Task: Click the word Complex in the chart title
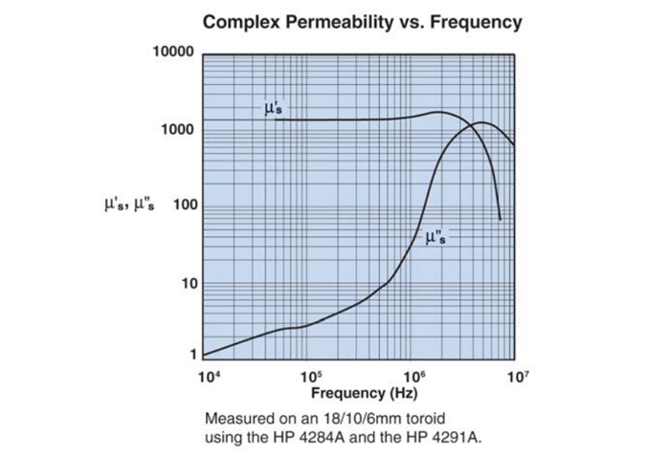coord(243,22)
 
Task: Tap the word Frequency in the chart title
coord(476,22)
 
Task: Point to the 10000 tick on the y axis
coord(173,51)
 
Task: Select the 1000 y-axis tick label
coord(177,129)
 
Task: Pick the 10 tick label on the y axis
coord(185,283)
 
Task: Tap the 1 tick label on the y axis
coord(190,354)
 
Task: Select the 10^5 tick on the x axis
coord(310,376)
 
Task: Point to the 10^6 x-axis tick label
coord(413,376)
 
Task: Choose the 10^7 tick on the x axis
coord(517,376)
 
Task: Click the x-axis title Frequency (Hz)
coord(361,393)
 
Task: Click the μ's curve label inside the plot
coord(273,108)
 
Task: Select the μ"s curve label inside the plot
coord(435,236)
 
